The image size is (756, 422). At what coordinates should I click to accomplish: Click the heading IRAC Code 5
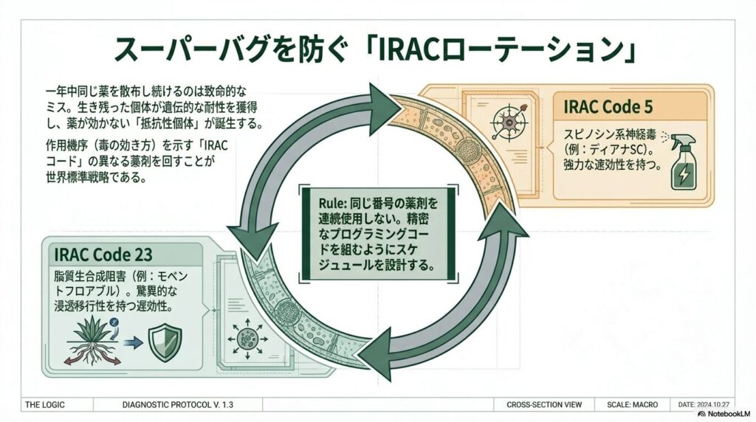608,106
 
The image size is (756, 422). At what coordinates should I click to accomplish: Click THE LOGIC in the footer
46,405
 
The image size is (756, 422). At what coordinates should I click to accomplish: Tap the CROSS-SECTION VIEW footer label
544,405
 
